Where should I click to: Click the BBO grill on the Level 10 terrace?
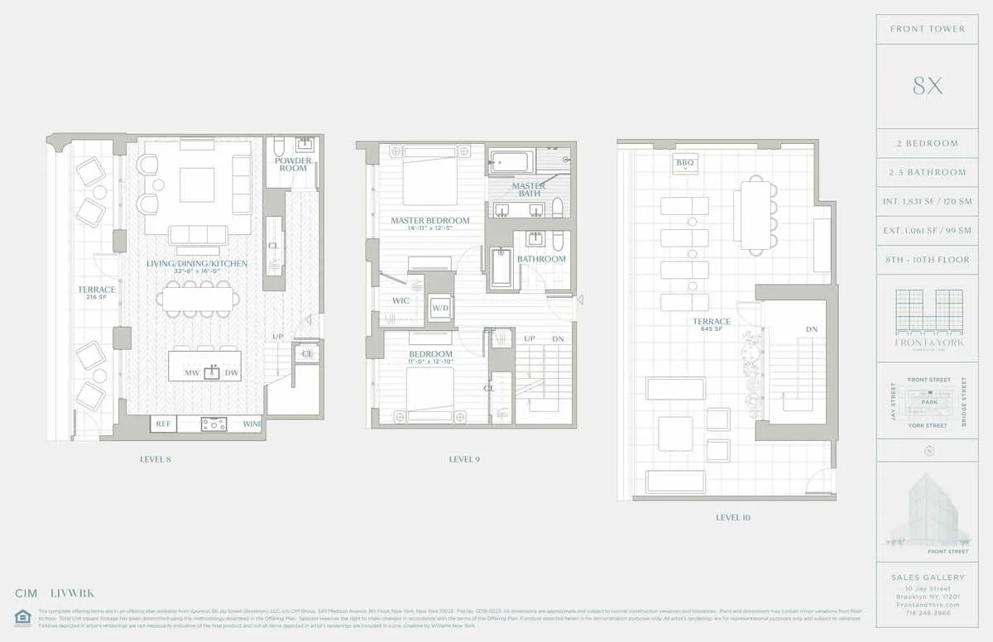coord(684,163)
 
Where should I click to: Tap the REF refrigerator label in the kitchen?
coord(163,424)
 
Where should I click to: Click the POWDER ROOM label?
coord(293,165)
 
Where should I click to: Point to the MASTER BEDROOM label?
coord(429,221)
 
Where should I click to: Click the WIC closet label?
coord(401,301)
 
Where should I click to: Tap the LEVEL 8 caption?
coord(156,458)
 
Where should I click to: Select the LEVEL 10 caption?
coord(733,518)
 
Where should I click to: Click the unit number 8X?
coord(927,86)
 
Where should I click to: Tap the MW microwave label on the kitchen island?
coord(190,374)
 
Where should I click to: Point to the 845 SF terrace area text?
coord(711,330)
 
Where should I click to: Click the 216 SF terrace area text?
coord(96,297)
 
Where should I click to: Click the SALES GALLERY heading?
coord(928,577)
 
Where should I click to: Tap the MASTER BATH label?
coord(528,189)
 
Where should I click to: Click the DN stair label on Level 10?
coord(812,329)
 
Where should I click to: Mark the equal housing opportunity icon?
coord(22,616)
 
